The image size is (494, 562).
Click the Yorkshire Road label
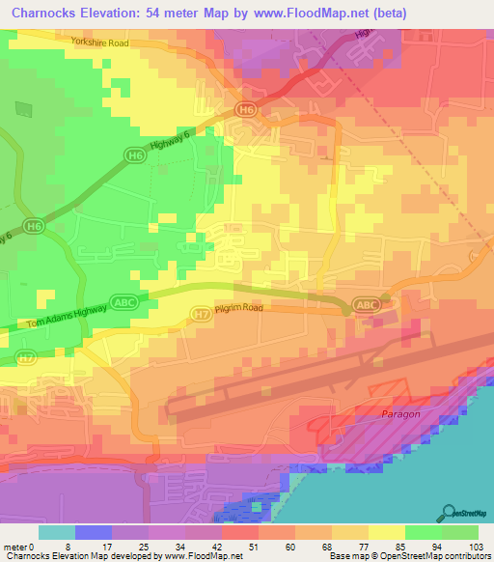pyautogui.click(x=99, y=43)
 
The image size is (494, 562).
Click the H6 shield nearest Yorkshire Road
pyautogui.click(x=248, y=110)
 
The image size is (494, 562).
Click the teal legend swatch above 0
pyautogui.click(x=57, y=532)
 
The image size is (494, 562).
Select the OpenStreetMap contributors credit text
pyautogui.click(x=433, y=556)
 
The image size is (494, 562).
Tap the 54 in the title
pyautogui.click(x=173, y=13)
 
